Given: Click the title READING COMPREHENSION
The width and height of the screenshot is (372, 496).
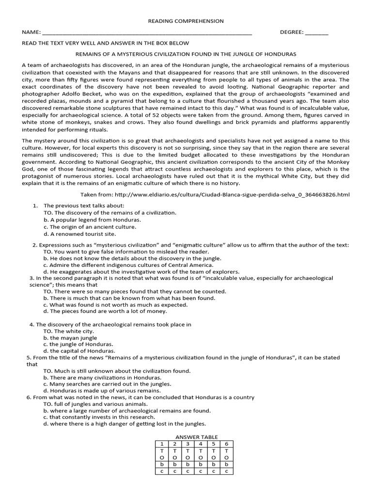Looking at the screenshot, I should (186, 21).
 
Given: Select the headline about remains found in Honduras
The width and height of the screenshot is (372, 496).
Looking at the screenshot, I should (186, 54).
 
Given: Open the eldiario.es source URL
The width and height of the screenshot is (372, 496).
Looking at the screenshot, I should (233, 194).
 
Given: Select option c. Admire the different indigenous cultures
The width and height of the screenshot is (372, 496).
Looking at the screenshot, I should (128, 265).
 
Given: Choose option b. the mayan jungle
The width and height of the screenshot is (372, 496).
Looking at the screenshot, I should (70, 338).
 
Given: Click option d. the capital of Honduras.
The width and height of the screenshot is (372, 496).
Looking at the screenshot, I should (79, 351).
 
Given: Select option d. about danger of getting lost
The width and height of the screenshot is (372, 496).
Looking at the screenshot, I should (124, 424).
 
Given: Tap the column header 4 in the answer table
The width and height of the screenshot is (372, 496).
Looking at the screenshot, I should (200, 444).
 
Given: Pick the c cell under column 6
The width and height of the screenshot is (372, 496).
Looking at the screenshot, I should (226, 471).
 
